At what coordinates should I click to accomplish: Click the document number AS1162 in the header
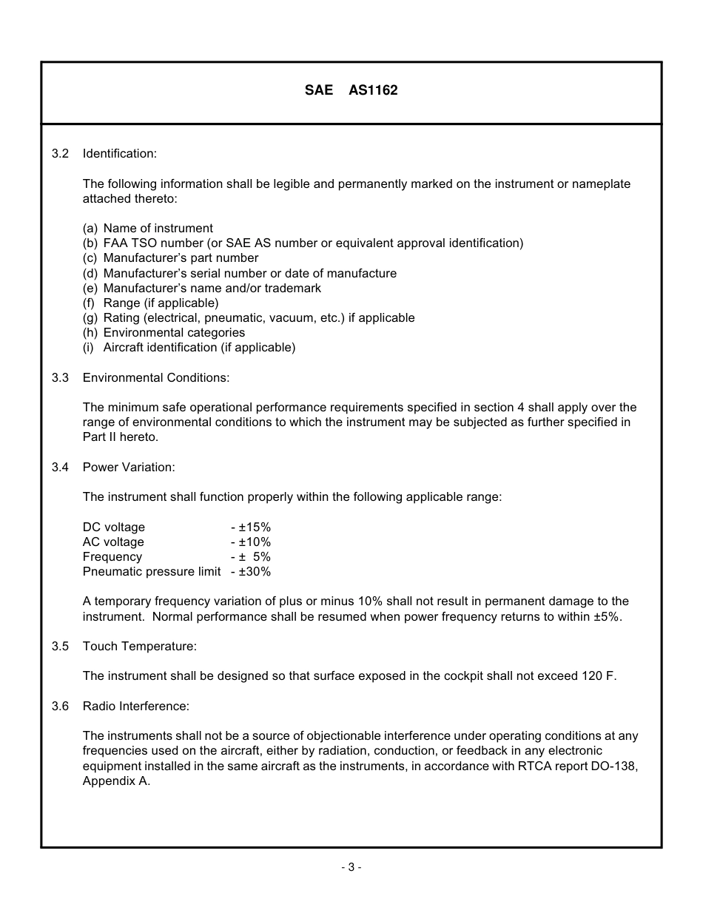point(373,90)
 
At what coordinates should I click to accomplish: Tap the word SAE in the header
point(319,90)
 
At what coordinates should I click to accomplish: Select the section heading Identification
point(120,154)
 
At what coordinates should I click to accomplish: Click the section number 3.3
point(61,377)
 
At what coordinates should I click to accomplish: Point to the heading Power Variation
point(129,467)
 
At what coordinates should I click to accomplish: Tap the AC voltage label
point(113,542)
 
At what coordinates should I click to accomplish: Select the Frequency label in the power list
point(112,556)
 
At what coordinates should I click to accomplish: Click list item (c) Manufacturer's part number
point(171,258)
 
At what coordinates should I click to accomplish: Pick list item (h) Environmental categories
point(164,332)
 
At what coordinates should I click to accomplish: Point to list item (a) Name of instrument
point(148,229)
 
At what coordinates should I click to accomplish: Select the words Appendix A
point(116,781)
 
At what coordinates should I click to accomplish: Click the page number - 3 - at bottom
point(351,867)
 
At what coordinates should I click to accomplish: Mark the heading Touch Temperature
point(140,646)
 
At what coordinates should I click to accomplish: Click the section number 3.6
point(61,706)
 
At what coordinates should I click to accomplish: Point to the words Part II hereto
point(121,437)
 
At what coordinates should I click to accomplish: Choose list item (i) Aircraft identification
point(189,347)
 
